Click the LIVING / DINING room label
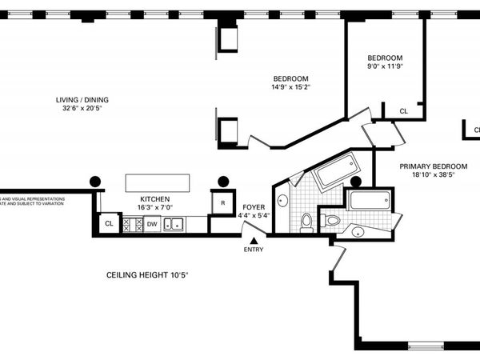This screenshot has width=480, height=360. (x=82, y=100)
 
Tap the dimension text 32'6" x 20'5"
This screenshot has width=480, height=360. (x=82, y=110)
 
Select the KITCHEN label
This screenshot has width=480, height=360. (x=154, y=199)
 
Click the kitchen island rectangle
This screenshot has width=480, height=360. (x=157, y=182)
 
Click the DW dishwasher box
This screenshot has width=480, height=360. (x=152, y=225)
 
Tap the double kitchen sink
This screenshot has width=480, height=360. (x=174, y=225)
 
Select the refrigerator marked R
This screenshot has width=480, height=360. (x=223, y=202)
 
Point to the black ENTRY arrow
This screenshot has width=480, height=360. (x=254, y=240)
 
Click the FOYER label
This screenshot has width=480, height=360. (x=254, y=206)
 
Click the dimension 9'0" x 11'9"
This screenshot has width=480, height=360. (x=385, y=68)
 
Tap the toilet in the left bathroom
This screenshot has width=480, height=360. (x=306, y=222)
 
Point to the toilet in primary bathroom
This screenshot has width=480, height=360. (x=332, y=220)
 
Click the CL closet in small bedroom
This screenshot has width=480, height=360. (x=403, y=111)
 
